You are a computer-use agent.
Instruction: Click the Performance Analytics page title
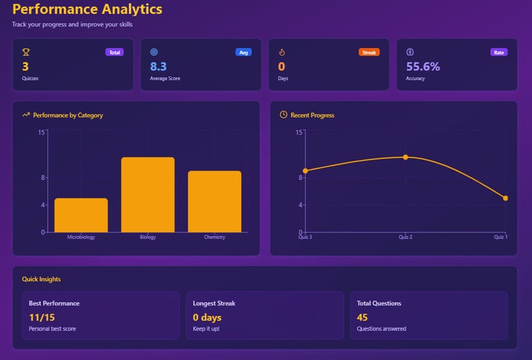point(87,10)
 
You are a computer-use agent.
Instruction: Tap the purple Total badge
point(114,52)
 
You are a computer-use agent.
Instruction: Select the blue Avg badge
point(243,52)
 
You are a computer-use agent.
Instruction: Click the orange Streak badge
point(369,52)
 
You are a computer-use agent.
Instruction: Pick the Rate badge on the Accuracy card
point(499,52)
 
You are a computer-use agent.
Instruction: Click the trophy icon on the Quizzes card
point(26,52)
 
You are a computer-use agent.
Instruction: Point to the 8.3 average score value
point(159,66)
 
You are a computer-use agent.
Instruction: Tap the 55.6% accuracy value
point(423,66)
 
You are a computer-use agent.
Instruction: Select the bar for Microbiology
point(81,215)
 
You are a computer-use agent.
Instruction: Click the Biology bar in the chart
point(148,195)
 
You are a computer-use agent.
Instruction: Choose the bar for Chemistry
point(215,201)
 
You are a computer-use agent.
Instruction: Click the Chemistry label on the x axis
point(215,237)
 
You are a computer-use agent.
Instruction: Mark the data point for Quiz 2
point(405,157)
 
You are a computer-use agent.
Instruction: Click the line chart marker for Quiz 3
point(305,170)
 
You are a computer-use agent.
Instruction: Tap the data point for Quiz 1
point(506,198)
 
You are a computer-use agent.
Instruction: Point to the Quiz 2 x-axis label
point(405,237)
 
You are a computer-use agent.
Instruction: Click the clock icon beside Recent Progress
point(283,115)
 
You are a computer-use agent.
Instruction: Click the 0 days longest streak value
point(207,317)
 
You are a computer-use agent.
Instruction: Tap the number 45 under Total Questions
point(362,317)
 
